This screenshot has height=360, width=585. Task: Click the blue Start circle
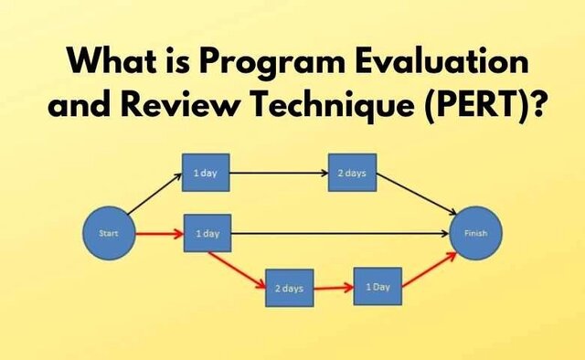pos(108,233)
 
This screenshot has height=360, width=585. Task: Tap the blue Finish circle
pos(476,233)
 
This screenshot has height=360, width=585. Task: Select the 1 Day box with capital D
pos(378,286)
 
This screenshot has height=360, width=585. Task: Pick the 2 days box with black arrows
pos(352,174)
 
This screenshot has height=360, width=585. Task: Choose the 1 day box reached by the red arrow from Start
pos(207,233)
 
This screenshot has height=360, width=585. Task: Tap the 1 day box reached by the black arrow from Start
pos(207,174)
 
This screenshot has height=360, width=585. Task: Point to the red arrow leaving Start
pos(157,233)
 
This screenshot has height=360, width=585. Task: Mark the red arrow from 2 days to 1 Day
pos(333,287)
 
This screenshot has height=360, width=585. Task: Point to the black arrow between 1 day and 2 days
pos(279,174)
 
